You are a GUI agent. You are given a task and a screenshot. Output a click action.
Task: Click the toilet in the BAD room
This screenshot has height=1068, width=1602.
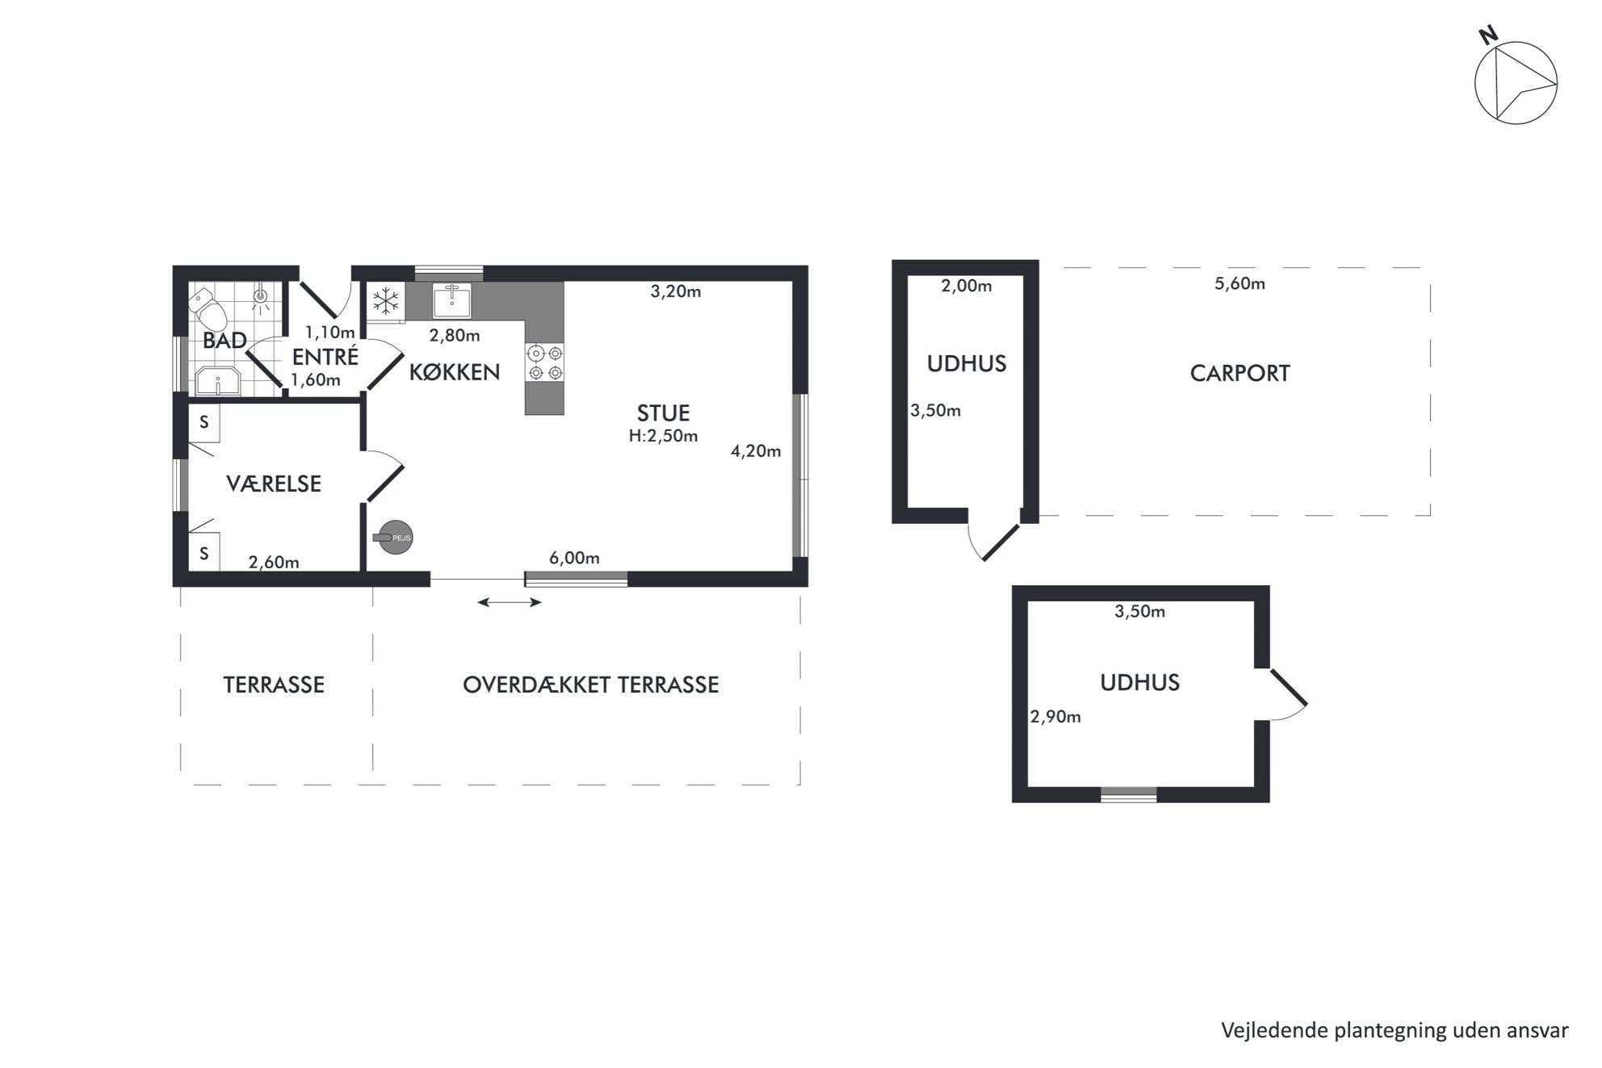coord(208,308)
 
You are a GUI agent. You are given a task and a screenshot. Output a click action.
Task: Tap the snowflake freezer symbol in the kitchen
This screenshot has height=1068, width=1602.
coord(386,302)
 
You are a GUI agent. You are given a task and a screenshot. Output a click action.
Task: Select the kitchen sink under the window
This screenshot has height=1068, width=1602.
coord(451,300)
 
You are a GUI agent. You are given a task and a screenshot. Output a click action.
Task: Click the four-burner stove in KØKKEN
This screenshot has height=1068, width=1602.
coord(544,362)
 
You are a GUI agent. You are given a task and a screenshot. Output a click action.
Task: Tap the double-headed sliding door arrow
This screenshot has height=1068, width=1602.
coord(510,602)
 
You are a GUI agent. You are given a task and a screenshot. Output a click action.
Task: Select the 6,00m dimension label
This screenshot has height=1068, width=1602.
coord(574,558)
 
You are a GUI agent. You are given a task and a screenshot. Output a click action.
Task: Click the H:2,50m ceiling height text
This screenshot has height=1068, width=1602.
coord(664,436)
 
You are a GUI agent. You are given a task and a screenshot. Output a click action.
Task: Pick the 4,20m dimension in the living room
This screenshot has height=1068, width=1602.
coord(756,451)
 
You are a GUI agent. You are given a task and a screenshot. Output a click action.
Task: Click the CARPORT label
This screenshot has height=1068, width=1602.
coord(1240,373)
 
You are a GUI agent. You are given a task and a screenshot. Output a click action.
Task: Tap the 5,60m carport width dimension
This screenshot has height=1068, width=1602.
coord(1240,283)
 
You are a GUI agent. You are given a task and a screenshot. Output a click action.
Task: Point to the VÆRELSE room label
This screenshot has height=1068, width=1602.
coord(274,484)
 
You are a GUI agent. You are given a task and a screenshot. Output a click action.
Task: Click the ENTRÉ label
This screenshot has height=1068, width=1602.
coord(325,356)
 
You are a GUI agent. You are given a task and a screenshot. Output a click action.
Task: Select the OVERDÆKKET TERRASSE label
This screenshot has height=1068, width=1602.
coord(591,685)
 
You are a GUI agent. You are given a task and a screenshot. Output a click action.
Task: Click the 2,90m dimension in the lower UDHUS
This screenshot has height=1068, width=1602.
coord(1055,717)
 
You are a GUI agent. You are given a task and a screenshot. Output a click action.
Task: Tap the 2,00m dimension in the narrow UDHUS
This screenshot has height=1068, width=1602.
coord(967,286)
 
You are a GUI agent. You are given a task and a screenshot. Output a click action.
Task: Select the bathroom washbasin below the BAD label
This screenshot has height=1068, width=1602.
coord(219,382)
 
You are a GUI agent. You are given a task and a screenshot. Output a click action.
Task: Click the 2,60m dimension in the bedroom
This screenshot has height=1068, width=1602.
coord(274,563)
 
